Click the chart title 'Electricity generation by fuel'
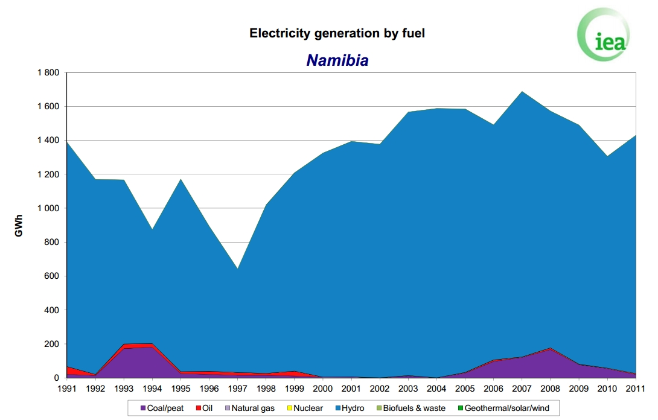(337, 33)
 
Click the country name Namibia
(337, 60)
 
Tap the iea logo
(604, 34)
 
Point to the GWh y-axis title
(19, 226)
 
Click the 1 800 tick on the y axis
(48, 72)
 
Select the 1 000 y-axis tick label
(48, 209)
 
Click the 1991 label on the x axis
(67, 389)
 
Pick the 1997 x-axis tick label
(237, 389)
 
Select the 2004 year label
(436, 389)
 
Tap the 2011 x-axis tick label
(635, 389)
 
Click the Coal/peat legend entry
(162, 409)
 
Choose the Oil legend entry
(205, 409)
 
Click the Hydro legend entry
(350, 409)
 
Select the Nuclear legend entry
(305, 409)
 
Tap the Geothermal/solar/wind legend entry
(503, 409)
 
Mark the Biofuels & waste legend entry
(411, 409)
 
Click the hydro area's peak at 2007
(522, 92)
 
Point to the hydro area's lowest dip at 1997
(237, 269)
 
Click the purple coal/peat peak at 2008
(550, 349)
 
